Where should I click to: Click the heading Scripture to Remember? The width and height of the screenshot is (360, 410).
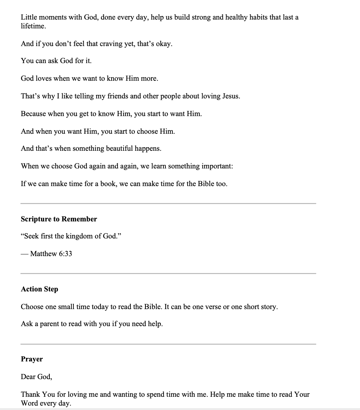59,219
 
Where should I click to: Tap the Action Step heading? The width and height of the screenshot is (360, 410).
39,289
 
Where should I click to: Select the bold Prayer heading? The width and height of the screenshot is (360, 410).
32,359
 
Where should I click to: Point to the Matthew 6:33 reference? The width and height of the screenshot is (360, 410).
51,254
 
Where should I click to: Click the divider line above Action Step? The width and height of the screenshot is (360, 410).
168,273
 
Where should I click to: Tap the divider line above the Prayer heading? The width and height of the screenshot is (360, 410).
168,344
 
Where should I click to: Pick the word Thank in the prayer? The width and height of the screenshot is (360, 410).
31,395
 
